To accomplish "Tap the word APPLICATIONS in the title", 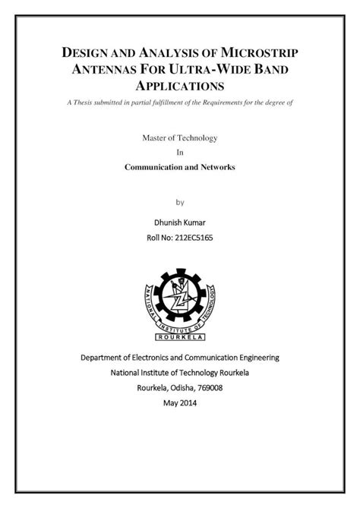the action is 180,87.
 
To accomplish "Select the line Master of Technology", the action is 180,137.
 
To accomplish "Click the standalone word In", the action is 180,152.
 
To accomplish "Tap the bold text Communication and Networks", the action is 180,166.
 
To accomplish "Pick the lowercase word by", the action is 180,203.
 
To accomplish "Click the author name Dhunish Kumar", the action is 180,222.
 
